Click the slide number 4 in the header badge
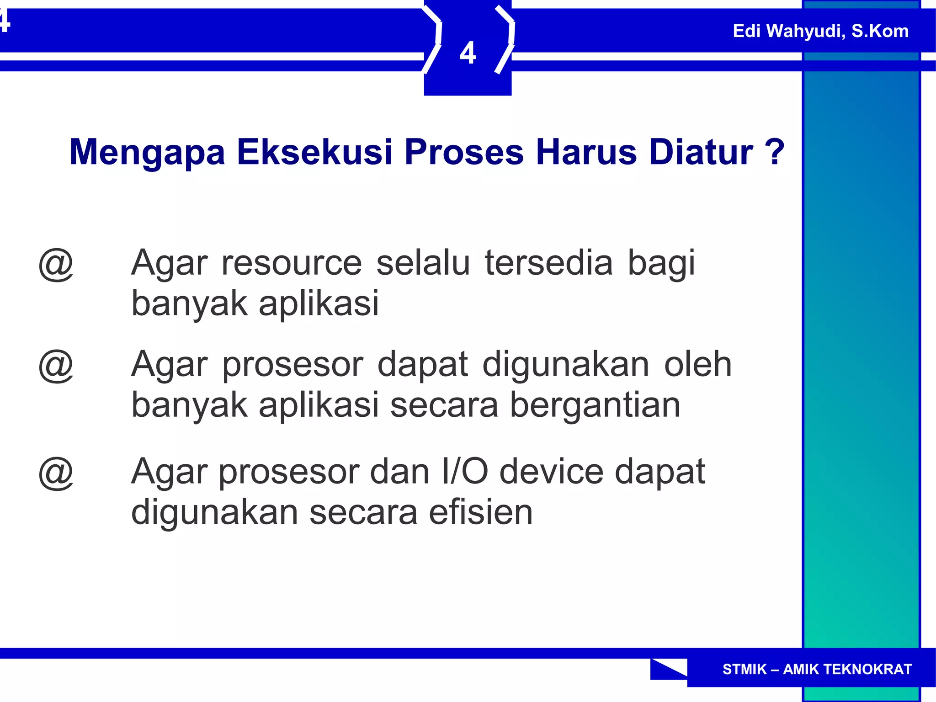coord(468,53)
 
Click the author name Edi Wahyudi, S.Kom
coord(820,31)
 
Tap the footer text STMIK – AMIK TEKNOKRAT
coord(817,669)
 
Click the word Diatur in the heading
coord(701,152)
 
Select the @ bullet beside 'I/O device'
coord(56,473)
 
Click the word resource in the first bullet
coord(292,264)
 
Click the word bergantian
coord(595,406)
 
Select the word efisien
coord(481,512)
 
